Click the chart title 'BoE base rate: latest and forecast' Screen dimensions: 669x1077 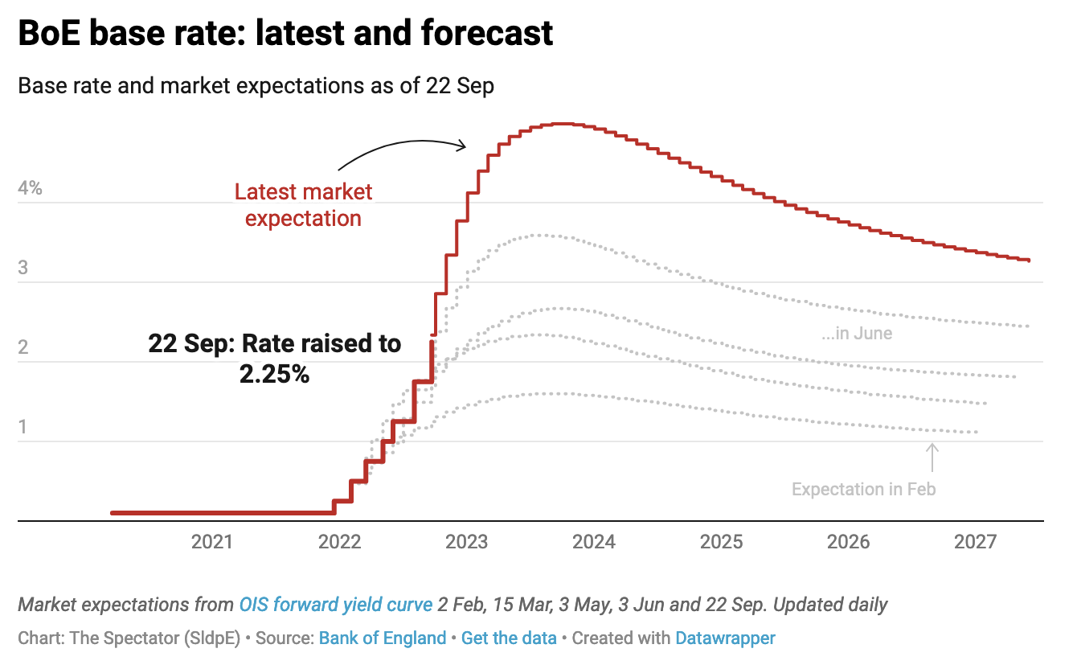pos(285,34)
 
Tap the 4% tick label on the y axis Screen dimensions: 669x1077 pos(30,190)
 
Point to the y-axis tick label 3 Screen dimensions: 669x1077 pos(23,268)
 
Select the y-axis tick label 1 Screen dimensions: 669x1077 pos(23,426)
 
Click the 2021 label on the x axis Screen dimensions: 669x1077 pos(212,542)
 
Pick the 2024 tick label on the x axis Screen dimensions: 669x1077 pos(594,542)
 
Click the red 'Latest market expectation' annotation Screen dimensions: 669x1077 pos(303,205)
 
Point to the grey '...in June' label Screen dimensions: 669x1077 pos(857,333)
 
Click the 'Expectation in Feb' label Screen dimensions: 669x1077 pos(863,489)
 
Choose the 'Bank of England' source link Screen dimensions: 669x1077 pos(383,638)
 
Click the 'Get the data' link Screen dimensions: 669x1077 pos(509,638)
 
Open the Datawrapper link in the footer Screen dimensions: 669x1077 pos(725,638)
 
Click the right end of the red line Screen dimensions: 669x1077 pos(1029,261)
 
